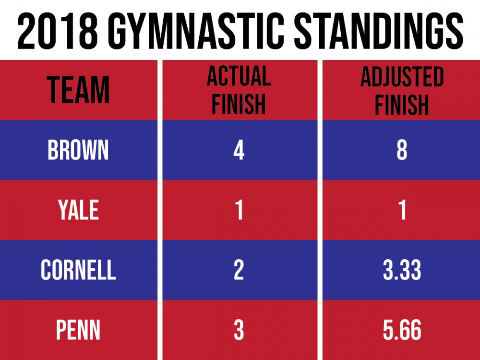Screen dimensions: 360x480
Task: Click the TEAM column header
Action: tap(78, 90)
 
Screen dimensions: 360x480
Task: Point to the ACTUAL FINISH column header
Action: tap(239, 90)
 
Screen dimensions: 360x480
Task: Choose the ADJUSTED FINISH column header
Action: tap(401, 90)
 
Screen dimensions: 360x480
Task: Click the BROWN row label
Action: tap(78, 150)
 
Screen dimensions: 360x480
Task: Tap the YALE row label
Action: tap(78, 210)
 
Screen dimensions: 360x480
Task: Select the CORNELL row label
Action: tap(78, 270)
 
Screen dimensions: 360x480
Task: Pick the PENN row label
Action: tap(78, 331)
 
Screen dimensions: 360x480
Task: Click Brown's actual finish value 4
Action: tap(239, 150)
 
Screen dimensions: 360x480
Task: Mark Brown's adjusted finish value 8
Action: tap(402, 150)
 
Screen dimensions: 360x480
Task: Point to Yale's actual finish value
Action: tap(239, 210)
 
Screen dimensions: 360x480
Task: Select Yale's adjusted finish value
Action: tap(402, 210)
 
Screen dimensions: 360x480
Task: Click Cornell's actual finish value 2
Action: tap(239, 270)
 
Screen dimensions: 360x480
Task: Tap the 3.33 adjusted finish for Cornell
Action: tap(402, 270)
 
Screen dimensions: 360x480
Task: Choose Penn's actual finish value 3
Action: tap(239, 331)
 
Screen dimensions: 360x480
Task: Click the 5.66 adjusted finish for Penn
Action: tap(402, 331)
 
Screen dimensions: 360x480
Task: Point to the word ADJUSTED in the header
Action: tap(401, 77)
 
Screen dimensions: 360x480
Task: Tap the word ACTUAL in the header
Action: tap(239, 77)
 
